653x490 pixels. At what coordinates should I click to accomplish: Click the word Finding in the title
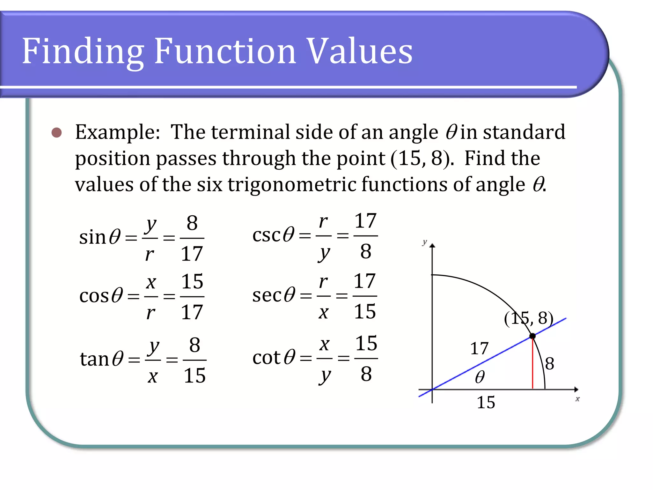83,52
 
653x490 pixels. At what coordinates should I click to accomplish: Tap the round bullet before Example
57,132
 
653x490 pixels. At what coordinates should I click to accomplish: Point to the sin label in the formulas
92,237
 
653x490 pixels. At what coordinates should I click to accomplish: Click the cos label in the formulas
94,296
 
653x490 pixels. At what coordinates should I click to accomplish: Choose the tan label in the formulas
95,359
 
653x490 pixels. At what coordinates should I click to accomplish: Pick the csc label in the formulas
266,235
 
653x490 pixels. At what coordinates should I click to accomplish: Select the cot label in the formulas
267,357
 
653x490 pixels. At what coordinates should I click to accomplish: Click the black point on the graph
532,336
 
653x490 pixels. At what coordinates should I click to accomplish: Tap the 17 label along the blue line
479,348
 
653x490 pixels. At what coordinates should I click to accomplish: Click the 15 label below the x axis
486,402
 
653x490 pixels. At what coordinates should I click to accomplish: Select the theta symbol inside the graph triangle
480,377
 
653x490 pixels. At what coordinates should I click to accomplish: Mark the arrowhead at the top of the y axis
432,245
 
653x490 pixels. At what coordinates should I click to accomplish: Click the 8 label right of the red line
549,364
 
